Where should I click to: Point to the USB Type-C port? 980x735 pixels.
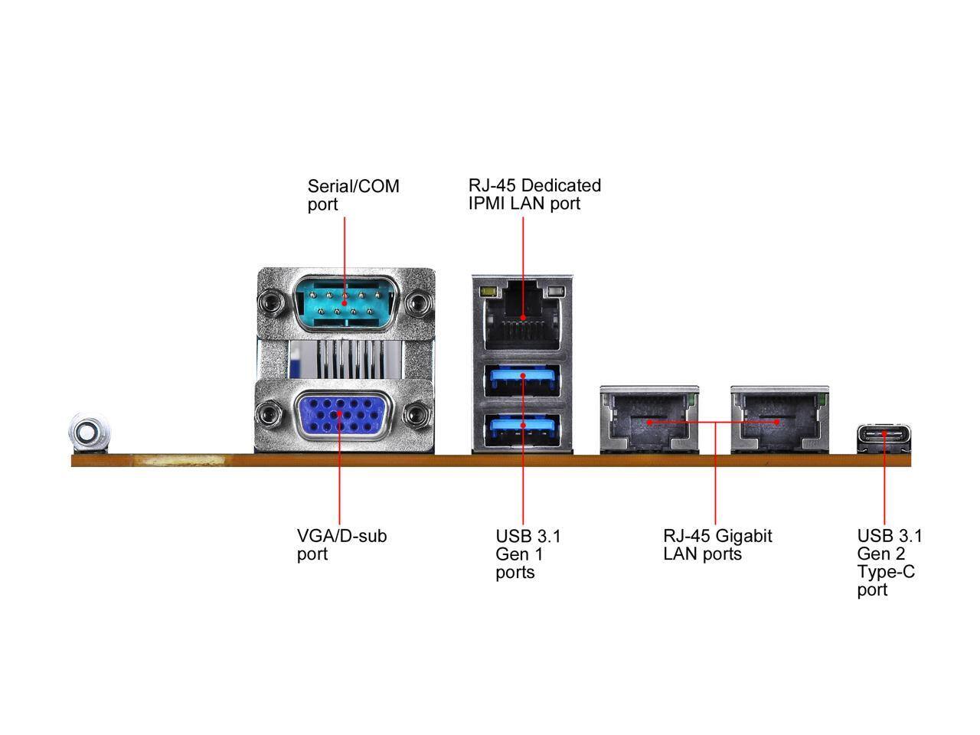(884, 435)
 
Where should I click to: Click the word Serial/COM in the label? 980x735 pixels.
(353, 186)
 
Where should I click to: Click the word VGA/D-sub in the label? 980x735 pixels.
(341, 535)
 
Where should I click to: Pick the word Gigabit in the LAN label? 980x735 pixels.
(743, 536)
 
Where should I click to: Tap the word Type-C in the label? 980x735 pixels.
(885, 572)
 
